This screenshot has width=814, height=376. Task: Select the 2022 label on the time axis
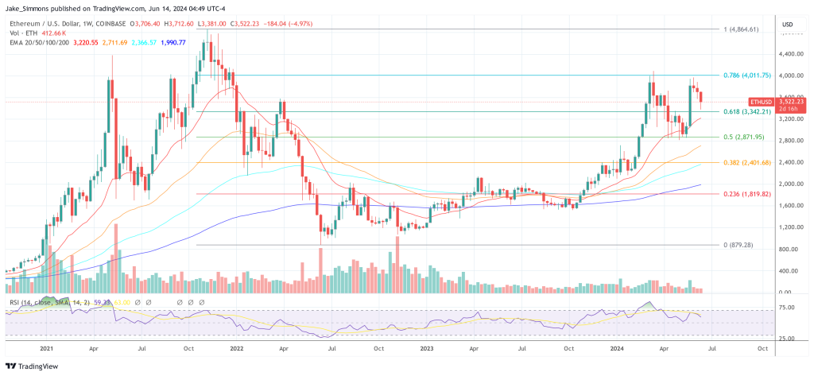point(236,348)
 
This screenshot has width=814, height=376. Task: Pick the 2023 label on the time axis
point(427,348)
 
